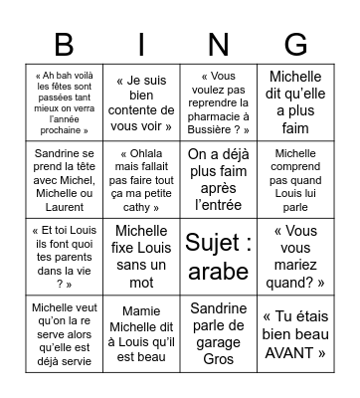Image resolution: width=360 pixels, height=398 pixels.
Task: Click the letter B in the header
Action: click(64, 45)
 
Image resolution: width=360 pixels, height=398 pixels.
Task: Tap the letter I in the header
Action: click(141, 45)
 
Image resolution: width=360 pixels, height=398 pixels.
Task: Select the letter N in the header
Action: click(219, 45)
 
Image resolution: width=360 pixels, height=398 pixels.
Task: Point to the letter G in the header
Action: click(295, 45)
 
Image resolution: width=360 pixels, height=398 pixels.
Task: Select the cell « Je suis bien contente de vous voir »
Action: click(141, 101)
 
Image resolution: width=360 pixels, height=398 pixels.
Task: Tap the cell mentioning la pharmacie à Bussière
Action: click(219, 101)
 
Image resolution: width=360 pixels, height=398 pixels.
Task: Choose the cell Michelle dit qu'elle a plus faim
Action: click(295, 101)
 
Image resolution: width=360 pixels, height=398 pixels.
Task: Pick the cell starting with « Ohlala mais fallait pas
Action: click(141, 179)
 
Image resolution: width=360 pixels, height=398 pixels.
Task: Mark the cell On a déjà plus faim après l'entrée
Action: click(219, 179)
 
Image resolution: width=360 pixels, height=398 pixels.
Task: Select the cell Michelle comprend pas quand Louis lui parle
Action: click(295, 179)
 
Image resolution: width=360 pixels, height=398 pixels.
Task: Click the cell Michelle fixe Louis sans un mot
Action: click(141, 256)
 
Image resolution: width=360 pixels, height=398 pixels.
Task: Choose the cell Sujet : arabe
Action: click(219, 256)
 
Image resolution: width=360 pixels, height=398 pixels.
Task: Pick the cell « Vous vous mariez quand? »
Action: click(295, 256)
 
